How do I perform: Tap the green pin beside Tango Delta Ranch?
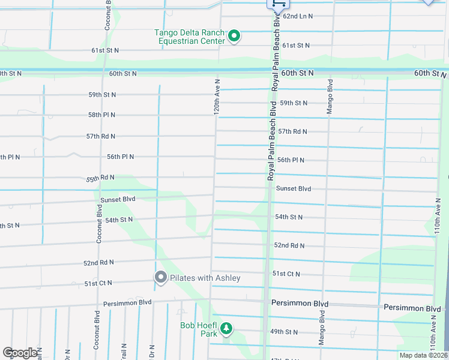click(x=235, y=37)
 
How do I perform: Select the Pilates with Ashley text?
click(x=205, y=278)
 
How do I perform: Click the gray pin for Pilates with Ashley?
click(x=160, y=277)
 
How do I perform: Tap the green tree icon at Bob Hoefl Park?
click(x=226, y=328)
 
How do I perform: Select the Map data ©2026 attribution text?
click(x=423, y=355)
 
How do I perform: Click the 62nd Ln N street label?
click(x=298, y=16)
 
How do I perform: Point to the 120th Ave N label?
click(x=218, y=97)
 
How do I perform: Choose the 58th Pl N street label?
click(x=101, y=115)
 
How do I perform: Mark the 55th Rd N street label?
click(x=100, y=178)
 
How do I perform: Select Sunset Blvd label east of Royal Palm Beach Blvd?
click(x=294, y=188)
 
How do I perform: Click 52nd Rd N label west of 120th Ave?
click(x=98, y=263)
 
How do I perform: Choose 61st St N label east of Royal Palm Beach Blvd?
click(x=296, y=46)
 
